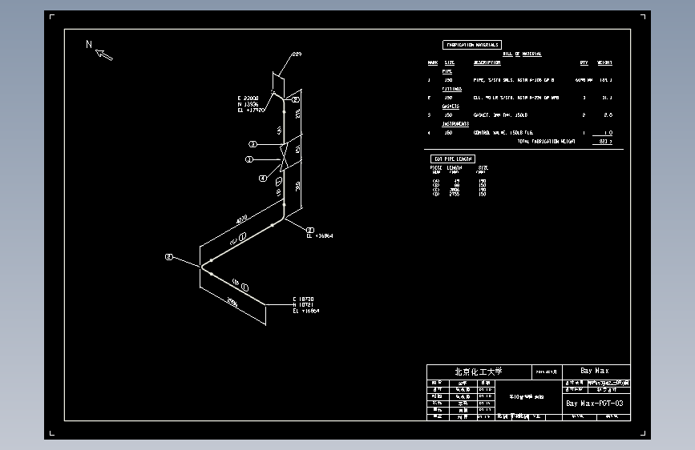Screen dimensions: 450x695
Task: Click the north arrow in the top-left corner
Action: pyautogui.click(x=104, y=54)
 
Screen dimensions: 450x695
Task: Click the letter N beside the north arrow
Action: pyautogui.click(x=89, y=45)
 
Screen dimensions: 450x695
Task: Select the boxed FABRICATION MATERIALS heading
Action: pyautogui.click(x=472, y=45)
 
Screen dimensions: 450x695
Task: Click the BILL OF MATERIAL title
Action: pyautogui.click(x=522, y=54)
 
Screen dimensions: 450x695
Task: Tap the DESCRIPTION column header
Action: pyautogui.click(x=487, y=62)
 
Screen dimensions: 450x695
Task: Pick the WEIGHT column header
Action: pyautogui.click(x=604, y=62)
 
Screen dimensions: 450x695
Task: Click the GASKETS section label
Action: pyautogui.click(x=451, y=106)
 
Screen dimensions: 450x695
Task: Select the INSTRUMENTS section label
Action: pyautogui.click(x=456, y=124)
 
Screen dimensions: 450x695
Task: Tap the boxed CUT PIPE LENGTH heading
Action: pyautogui.click(x=453, y=159)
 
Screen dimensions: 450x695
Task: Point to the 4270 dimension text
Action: pyautogui.click(x=241, y=219)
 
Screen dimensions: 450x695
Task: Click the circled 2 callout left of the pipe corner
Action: pyautogui.click(x=168, y=257)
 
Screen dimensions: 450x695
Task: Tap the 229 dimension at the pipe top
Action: pyautogui.click(x=297, y=54)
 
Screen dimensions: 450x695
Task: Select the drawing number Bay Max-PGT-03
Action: pyautogui.click(x=595, y=403)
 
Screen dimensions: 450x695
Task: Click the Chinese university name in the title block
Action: pyautogui.click(x=478, y=371)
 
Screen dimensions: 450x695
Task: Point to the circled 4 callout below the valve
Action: pyautogui.click(x=262, y=179)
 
